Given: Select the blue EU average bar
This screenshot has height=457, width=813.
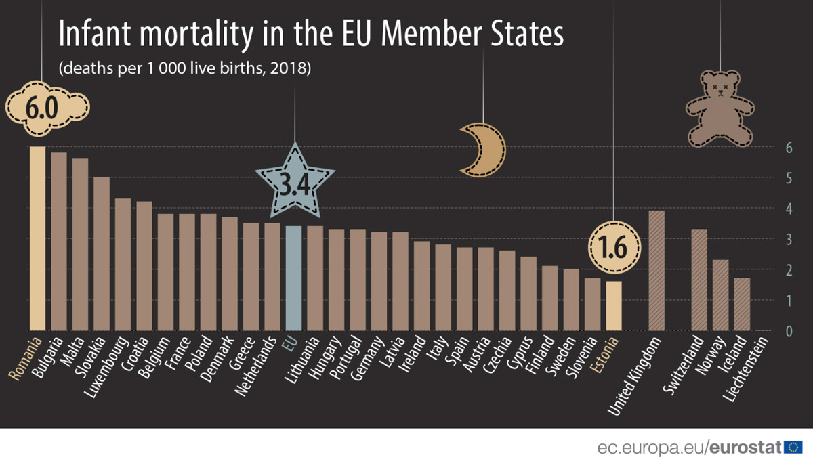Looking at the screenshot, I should coord(293,278).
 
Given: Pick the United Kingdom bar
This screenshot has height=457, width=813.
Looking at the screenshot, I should coord(656,271).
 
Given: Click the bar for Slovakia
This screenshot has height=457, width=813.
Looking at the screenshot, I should coord(102,254).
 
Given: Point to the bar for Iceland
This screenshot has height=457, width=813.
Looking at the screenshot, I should coord(742,305).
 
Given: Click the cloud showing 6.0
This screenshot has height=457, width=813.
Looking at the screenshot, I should coord(47,108).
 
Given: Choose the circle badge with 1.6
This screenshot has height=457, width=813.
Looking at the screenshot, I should coord(613,248).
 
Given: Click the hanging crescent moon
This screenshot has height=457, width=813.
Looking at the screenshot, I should coord(482,150).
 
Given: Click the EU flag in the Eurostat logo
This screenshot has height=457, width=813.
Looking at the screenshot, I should coord(793,447).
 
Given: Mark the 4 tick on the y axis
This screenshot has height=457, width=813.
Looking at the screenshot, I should coord(789,209).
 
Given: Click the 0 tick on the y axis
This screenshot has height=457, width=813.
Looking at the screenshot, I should coord(789,331).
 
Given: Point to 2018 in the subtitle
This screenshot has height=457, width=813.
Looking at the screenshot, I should coord(291,69).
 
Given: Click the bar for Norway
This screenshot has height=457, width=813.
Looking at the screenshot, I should coord(720,295).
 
